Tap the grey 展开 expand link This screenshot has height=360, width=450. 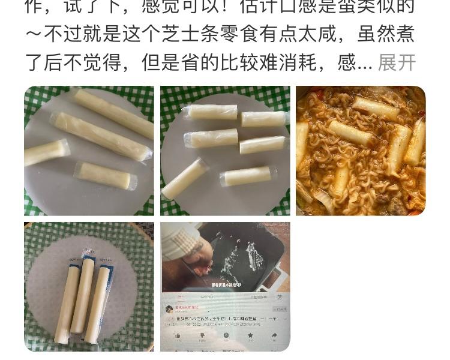click(x=397, y=62)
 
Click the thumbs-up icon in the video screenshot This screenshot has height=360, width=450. click(x=178, y=335)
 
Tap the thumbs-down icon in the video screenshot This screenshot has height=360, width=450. click(x=202, y=335)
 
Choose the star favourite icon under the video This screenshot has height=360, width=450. click(x=250, y=335)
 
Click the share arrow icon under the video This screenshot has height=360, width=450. click(x=274, y=335)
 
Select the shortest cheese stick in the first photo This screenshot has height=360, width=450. click(x=46, y=152)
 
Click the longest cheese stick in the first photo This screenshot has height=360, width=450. click(x=100, y=135)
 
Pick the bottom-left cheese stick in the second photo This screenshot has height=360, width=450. click(x=184, y=178)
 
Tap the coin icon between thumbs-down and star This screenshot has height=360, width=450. click(x=226, y=335)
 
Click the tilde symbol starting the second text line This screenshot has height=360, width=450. click(x=34, y=34)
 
